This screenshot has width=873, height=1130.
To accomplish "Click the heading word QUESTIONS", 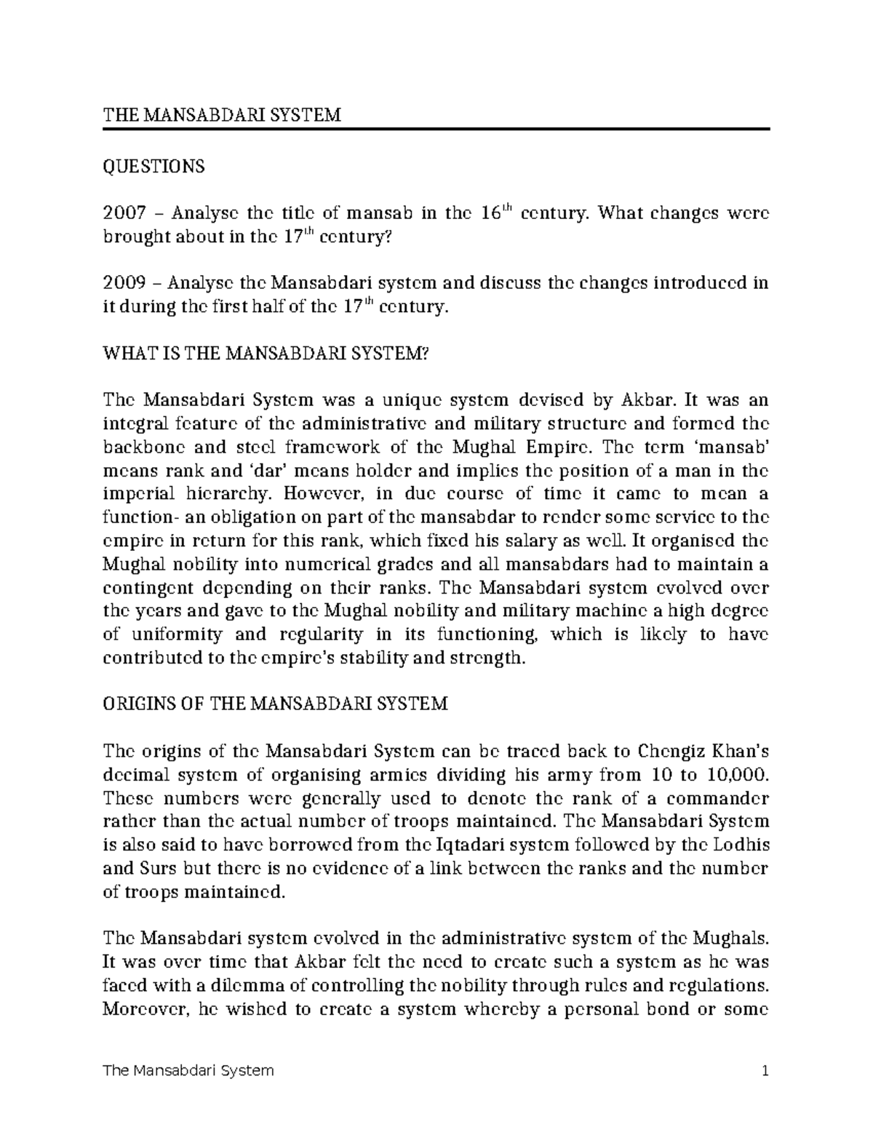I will point(154,167).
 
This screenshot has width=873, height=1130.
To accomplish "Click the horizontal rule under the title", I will point(436,129).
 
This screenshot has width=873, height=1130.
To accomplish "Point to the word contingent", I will point(146,587).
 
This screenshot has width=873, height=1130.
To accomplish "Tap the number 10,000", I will point(736,773).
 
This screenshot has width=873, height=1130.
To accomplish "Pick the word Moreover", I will point(144,1008).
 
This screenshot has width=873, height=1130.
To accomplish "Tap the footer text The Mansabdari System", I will point(189,1070).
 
